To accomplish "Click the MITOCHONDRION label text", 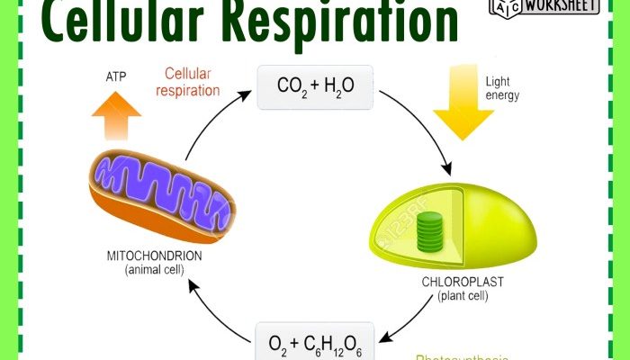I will coord(155,256).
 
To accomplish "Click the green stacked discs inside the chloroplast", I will coord(435,233).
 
